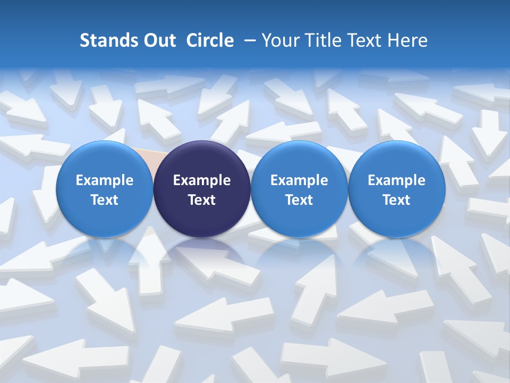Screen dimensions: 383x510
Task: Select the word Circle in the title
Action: (210, 40)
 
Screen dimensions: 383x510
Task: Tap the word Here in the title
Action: (409, 40)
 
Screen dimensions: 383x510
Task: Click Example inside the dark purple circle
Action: (202, 180)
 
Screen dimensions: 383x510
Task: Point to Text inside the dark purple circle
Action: (202, 200)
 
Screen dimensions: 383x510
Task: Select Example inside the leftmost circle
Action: (105, 180)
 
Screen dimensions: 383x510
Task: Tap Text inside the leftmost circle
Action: (105, 200)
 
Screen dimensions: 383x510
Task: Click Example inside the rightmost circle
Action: (396, 180)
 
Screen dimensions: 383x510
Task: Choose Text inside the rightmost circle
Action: (396, 200)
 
